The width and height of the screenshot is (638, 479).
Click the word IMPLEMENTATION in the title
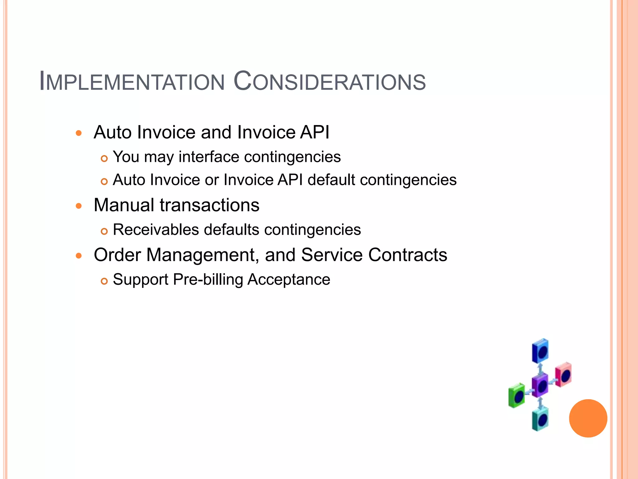[x=132, y=82]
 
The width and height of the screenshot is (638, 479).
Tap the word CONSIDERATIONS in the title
[x=330, y=82]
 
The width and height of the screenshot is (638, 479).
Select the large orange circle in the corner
[x=588, y=418]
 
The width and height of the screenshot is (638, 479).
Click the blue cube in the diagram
[x=540, y=351]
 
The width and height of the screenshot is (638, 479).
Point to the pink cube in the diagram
[x=564, y=374]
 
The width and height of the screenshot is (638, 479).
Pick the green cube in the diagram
[x=517, y=395]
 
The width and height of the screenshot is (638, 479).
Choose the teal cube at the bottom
[x=540, y=419]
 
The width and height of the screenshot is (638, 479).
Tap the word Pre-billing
[x=208, y=279]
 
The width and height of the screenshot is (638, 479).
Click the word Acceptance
[x=289, y=279]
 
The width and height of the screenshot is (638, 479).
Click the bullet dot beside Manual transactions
[x=79, y=206]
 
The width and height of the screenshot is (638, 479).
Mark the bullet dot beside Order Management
[x=79, y=256]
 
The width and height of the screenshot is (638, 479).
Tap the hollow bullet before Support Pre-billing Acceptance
[x=104, y=281]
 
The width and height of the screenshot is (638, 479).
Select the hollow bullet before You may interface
[x=104, y=159]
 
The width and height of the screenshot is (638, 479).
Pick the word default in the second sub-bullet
[x=331, y=180]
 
